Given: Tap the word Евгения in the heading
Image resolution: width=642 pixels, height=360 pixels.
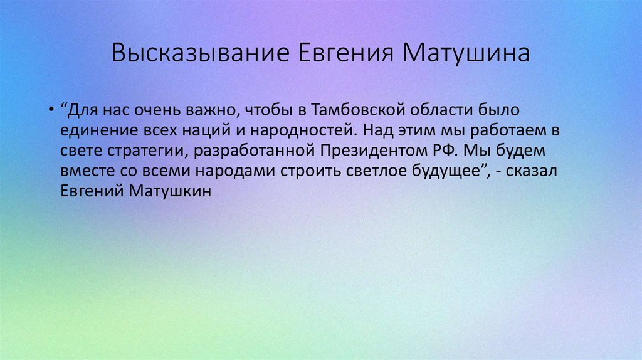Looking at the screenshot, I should [x=341, y=53].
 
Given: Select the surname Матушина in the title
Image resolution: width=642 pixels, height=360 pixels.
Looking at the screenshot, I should [x=466, y=53].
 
